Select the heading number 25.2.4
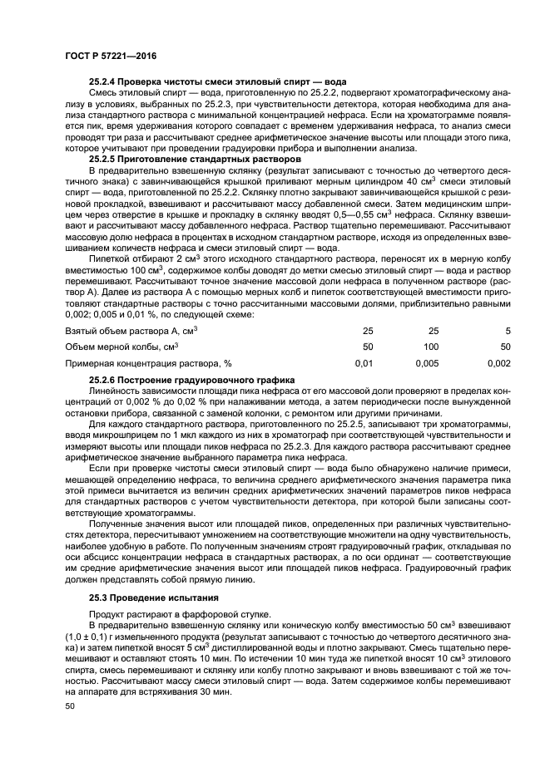pos(105,82)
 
